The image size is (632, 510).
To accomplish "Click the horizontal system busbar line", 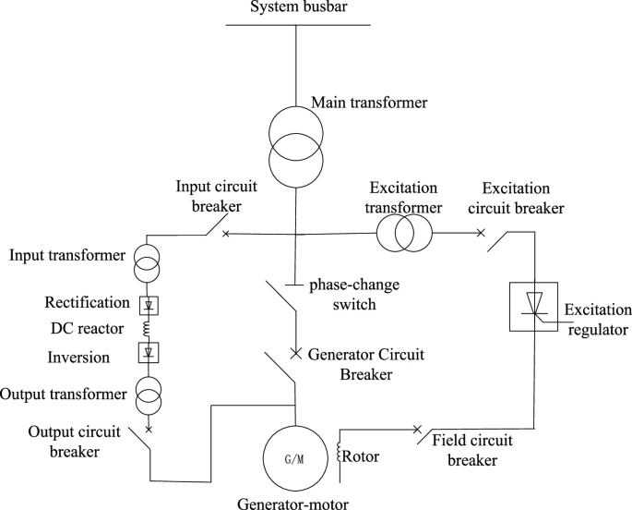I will coord(294,25).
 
